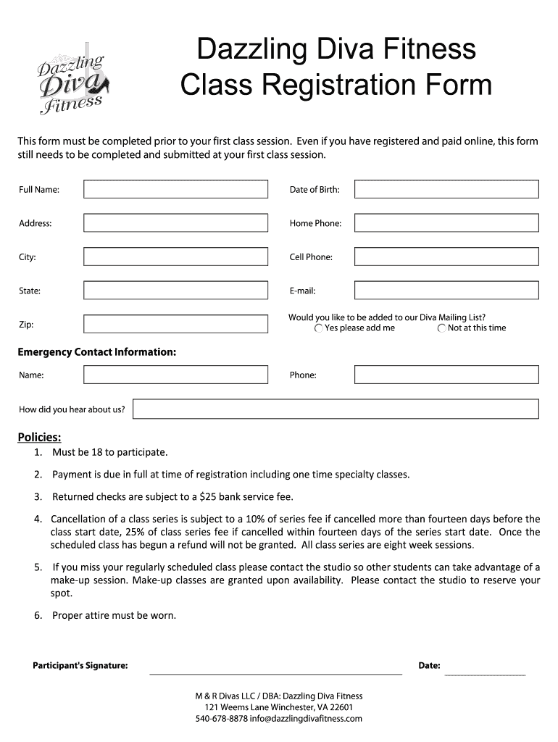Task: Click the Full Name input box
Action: [175, 189]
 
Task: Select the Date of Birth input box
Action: [446, 189]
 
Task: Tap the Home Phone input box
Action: [446, 223]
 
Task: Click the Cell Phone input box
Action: [446, 257]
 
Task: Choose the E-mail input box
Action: [446, 291]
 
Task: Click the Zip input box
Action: [175, 324]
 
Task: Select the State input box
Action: [175, 291]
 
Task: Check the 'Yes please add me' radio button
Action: [319, 328]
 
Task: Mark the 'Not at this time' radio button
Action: [442, 328]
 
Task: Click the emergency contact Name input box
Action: [175, 375]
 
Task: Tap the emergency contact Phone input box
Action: [446, 375]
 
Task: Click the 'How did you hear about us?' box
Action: [336, 409]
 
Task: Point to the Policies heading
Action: [39, 437]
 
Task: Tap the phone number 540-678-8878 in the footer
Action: [222, 719]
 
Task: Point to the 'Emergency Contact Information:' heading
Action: [97, 352]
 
